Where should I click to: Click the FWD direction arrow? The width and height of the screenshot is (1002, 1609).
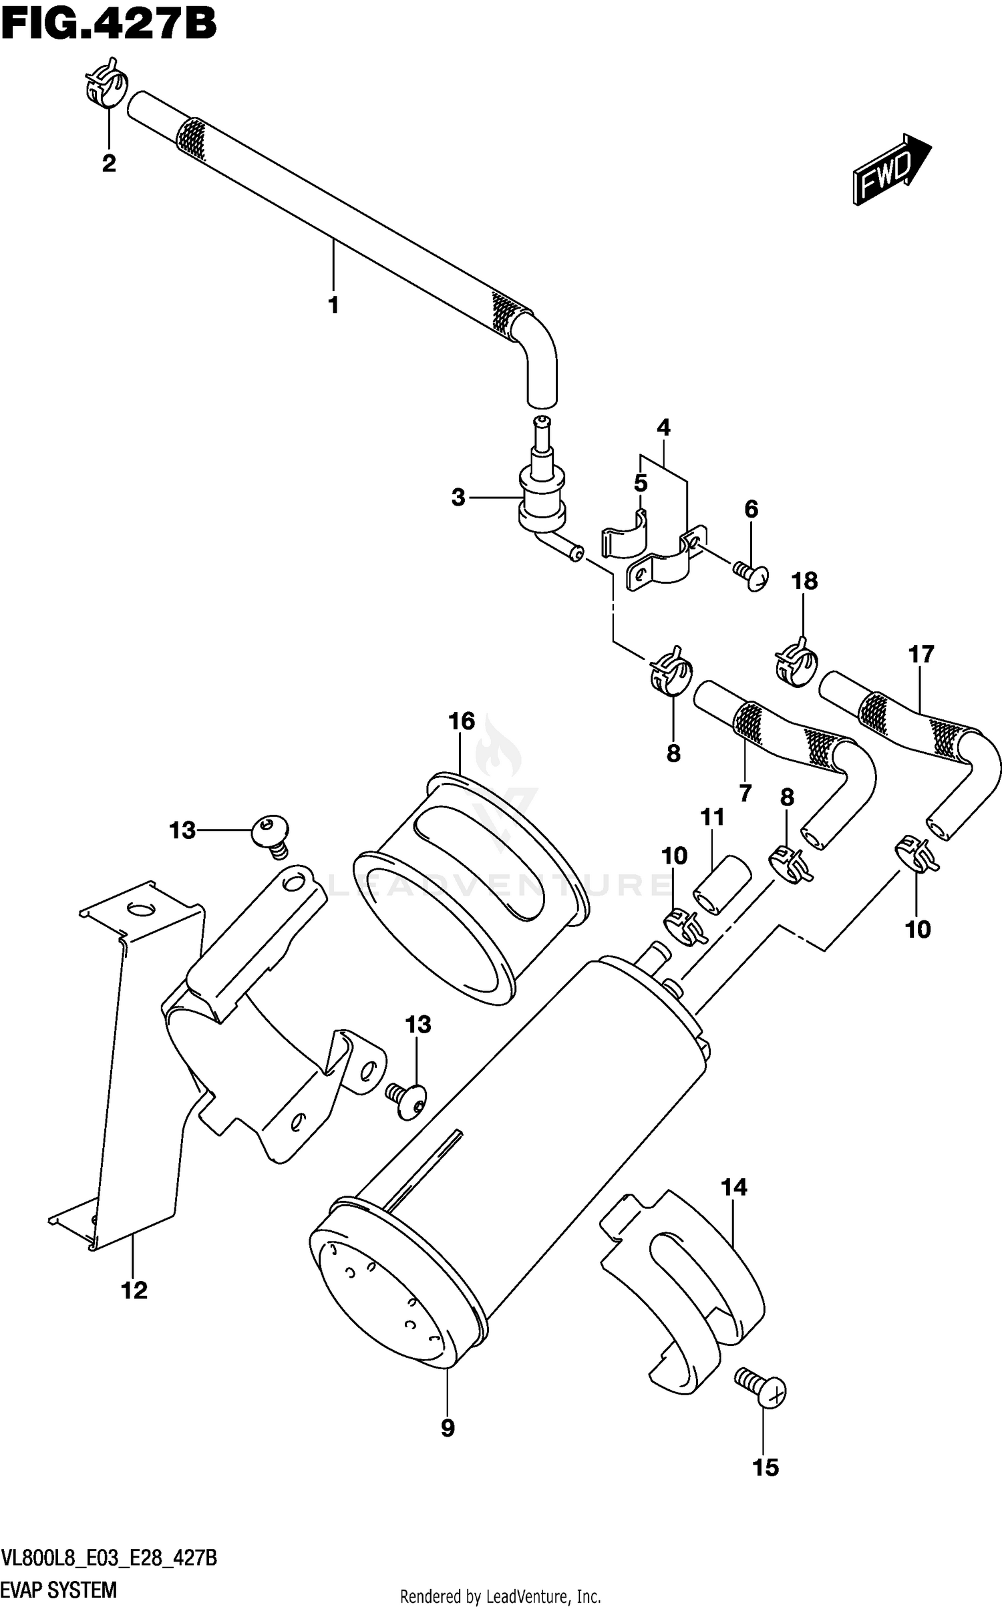(x=890, y=168)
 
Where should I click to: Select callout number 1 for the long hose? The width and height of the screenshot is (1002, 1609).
(x=333, y=305)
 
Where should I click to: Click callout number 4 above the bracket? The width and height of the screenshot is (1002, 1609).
(x=663, y=427)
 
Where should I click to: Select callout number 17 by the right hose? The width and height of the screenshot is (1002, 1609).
(x=921, y=655)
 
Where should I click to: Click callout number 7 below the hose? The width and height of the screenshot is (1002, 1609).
(x=745, y=793)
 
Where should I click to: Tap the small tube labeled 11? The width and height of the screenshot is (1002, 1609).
(x=721, y=883)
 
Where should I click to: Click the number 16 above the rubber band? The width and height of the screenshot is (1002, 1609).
(x=462, y=721)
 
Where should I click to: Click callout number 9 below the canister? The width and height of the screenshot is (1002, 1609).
(x=448, y=1428)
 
